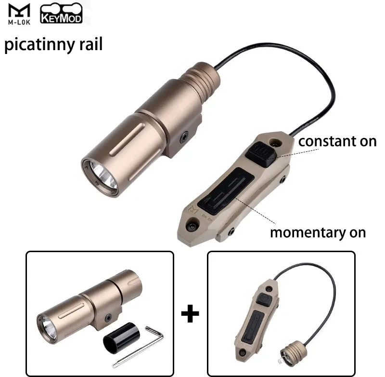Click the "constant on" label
(x=337, y=141)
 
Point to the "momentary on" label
(x=318, y=233)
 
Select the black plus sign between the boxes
(x=190, y=315)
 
